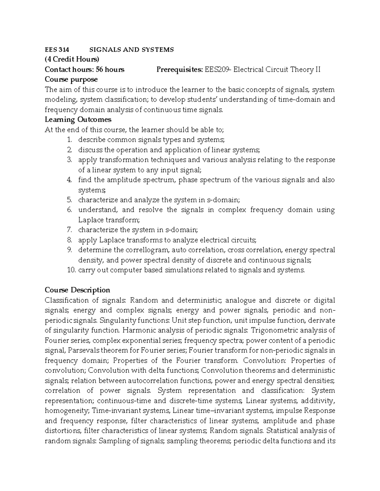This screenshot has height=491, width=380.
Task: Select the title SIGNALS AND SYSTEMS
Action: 132,50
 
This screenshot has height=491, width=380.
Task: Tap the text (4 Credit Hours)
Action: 72,59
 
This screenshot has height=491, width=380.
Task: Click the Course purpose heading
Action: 71,79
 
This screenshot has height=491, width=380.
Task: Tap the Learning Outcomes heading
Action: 78,120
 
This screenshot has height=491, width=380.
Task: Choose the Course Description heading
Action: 77,290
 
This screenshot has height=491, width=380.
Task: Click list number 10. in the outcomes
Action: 72,270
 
